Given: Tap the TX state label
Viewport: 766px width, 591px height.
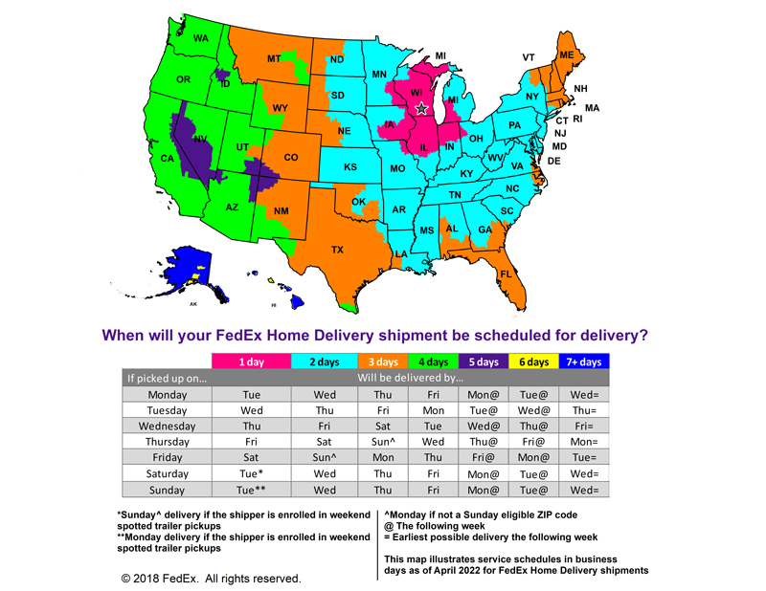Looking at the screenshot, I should [x=337, y=250].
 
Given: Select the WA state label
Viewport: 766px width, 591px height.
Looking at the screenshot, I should [x=200, y=38].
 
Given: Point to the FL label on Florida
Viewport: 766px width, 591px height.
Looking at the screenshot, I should [x=504, y=274].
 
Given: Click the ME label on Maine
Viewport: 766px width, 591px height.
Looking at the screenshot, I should [x=566, y=56].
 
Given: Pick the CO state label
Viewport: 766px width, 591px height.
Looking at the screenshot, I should [x=290, y=157].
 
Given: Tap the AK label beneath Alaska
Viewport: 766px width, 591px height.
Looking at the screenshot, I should [x=192, y=304].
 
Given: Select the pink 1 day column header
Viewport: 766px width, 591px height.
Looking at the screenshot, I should [x=252, y=362].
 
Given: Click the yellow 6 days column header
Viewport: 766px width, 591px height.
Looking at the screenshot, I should [x=534, y=362].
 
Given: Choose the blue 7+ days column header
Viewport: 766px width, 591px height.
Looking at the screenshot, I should [x=583, y=362].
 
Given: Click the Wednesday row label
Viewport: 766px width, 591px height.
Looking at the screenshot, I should [x=168, y=426].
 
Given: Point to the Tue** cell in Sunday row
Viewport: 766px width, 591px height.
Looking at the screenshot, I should [x=252, y=490].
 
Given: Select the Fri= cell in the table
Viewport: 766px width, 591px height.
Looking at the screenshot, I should [x=583, y=426].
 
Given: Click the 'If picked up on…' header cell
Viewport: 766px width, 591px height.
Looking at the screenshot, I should [x=168, y=378].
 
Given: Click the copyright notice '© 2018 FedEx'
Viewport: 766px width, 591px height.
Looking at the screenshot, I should [x=211, y=579].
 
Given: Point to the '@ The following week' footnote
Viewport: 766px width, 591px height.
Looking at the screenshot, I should [x=440, y=525].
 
